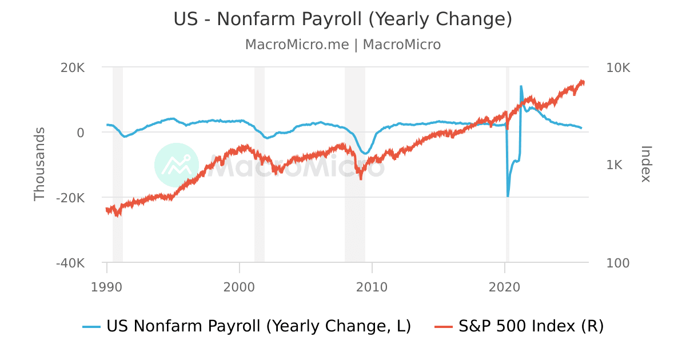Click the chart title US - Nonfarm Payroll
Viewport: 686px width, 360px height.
(x=343, y=19)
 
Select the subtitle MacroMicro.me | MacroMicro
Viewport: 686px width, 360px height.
(x=343, y=45)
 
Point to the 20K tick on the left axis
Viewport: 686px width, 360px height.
(x=73, y=67)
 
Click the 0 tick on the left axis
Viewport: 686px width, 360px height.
(x=80, y=133)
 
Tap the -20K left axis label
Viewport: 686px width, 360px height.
(x=70, y=198)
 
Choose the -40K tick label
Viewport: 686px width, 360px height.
(x=70, y=263)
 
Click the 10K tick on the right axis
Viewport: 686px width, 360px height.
(x=618, y=67)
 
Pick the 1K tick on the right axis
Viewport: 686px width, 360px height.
(x=615, y=165)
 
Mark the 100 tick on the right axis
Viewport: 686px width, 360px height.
(x=617, y=263)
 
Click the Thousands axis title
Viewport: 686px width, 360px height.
(x=39, y=165)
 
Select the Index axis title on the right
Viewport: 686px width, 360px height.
(x=646, y=165)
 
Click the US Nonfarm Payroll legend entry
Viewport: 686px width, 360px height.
(x=247, y=326)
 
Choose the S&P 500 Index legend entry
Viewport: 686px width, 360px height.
(x=519, y=326)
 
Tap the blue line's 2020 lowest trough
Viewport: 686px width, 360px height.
(x=508, y=196)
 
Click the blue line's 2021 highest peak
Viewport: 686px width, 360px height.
(x=521, y=86)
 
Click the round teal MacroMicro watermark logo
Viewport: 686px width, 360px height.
(x=177, y=165)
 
